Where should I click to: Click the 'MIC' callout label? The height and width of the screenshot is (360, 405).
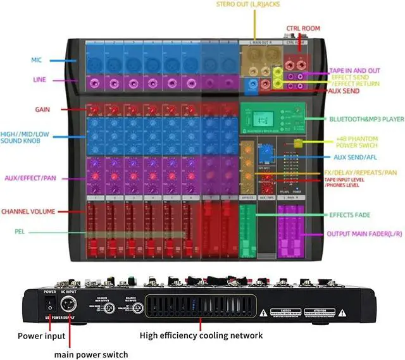point(36,60)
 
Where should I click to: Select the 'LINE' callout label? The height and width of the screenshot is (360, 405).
point(39,80)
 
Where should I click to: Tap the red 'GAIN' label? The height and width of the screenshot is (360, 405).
point(42,109)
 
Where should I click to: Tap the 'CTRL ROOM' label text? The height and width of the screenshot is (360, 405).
point(303,28)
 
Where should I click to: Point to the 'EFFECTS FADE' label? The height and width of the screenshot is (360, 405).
point(349,215)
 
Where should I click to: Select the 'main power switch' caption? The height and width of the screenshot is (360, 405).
point(90,354)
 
